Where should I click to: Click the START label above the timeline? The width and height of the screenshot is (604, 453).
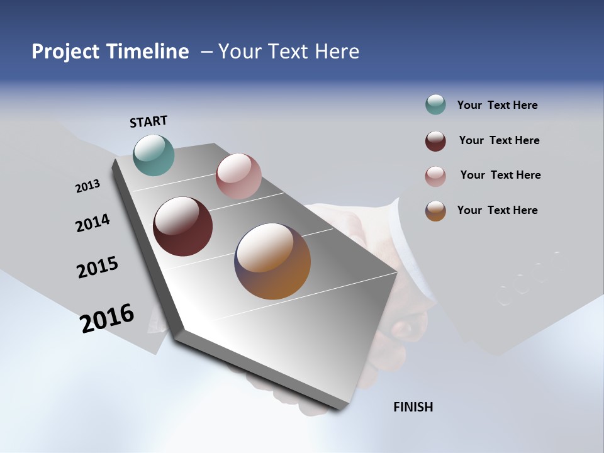(x=148, y=121)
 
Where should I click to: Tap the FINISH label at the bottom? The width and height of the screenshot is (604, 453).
(x=413, y=407)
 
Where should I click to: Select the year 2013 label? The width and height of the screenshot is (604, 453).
(x=87, y=186)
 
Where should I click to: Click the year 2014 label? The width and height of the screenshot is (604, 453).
(x=92, y=223)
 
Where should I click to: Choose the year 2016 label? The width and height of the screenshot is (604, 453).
(x=107, y=318)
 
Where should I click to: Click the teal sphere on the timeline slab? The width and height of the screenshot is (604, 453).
(x=154, y=155)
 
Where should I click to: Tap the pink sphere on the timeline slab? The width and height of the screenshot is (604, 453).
(x=238, y=176)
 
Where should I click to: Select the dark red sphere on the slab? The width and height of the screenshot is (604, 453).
(x=183, y=226)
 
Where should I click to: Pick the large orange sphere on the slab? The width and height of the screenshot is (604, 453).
(x=272, y=261)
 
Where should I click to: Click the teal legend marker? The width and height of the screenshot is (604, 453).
(x=435, y=105)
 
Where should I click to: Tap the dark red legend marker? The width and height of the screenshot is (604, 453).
(x=435, y=141)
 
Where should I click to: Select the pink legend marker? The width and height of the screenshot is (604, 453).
(x=435, y=176)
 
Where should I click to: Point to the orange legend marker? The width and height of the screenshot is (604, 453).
(x=435, y=211)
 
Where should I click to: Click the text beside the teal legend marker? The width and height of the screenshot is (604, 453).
(x=497, y=105)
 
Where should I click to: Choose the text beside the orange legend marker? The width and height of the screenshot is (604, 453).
(x=497, y=210)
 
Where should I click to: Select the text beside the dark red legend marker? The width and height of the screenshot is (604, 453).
(x=499, y=140)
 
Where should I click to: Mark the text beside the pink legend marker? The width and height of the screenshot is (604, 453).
(x=500, y=175)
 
